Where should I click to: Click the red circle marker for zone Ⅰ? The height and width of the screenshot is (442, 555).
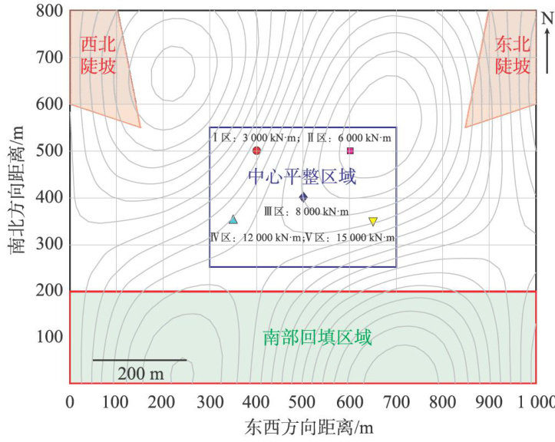point(256,150)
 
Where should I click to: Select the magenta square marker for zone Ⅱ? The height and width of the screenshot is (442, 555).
point(350,150)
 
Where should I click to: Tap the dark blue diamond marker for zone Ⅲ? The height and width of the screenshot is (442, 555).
point(303,197)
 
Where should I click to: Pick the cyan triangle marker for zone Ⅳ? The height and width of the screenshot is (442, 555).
point(233,219)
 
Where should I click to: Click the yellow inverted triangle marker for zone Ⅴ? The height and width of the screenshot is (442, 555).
point(373,222)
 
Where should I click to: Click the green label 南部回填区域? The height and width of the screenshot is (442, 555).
point(317,338)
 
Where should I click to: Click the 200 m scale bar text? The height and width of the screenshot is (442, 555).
point(140,373)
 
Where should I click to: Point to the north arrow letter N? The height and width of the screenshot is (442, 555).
point(547,18)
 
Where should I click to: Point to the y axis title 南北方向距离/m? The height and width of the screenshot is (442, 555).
point(16,196)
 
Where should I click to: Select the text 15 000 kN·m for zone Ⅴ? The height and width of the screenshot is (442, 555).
point(365,238)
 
